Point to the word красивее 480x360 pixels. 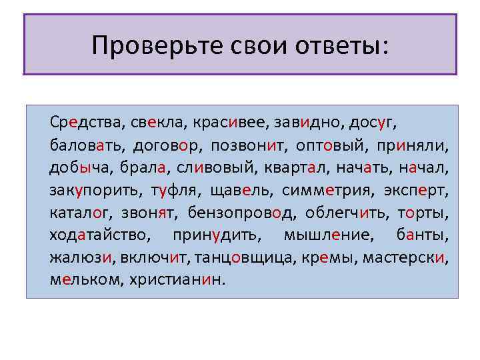tap(229, 122)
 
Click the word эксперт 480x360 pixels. tap(417, 190)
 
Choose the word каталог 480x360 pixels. tap(80, 213)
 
